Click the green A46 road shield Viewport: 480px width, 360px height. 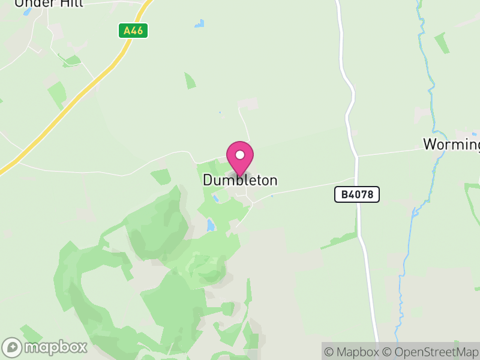tap(133, 30)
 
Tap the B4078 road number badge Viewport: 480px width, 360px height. tap(356, 194)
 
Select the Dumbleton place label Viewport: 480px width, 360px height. tap(240, 180)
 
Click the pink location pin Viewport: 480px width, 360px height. tap(240, 158)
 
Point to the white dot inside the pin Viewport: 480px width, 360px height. tap(240, 155)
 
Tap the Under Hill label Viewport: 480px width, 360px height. tap(49, 3)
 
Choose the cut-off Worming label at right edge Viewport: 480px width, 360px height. tap(451, 144)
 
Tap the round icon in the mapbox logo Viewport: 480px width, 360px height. tap(12, 347)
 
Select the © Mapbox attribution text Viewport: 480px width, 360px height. tap(351, 352)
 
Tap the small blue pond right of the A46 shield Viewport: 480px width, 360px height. tap(199, 24)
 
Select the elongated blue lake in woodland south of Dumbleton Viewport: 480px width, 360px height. tap(210, 226)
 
